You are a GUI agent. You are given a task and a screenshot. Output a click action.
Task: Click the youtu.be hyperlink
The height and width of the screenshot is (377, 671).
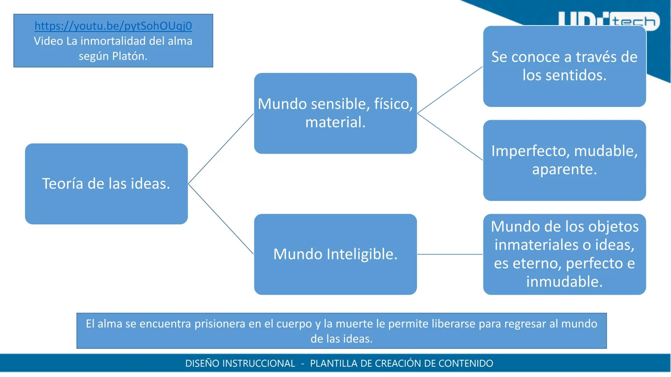113,26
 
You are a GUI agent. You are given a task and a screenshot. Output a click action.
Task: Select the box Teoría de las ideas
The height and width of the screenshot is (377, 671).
106,184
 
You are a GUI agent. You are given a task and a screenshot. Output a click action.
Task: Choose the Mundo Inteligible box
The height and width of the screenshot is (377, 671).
335,254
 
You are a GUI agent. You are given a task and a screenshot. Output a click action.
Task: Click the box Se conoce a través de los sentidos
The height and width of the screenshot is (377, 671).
564,66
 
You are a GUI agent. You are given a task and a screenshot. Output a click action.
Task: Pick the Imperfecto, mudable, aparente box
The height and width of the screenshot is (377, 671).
564,160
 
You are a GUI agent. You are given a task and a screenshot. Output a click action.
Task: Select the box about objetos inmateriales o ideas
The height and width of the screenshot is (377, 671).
564,254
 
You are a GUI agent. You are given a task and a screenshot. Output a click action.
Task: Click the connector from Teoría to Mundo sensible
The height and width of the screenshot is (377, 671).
221,149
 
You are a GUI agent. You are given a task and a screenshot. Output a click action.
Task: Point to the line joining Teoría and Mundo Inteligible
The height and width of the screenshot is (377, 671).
221,219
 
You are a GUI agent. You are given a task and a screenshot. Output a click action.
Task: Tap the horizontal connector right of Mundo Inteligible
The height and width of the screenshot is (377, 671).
450,254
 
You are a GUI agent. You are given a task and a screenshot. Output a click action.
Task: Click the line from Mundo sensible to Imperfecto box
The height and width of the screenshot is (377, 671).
450,137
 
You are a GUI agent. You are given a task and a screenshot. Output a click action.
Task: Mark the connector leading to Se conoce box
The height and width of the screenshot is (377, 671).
450,90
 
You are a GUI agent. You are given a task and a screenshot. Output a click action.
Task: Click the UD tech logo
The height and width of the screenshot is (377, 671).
608,22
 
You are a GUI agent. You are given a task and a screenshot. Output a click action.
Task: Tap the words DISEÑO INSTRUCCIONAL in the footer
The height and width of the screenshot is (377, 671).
240,363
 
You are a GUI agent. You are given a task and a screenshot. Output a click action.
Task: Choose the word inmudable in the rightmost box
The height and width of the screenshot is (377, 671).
564,281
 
